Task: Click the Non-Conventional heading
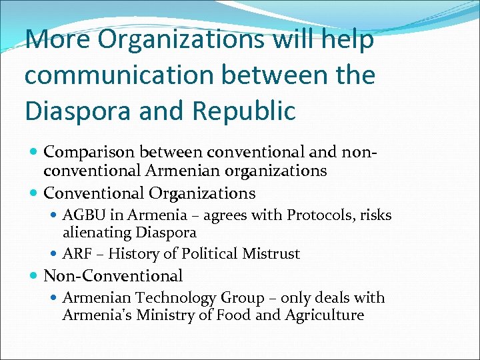113,275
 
